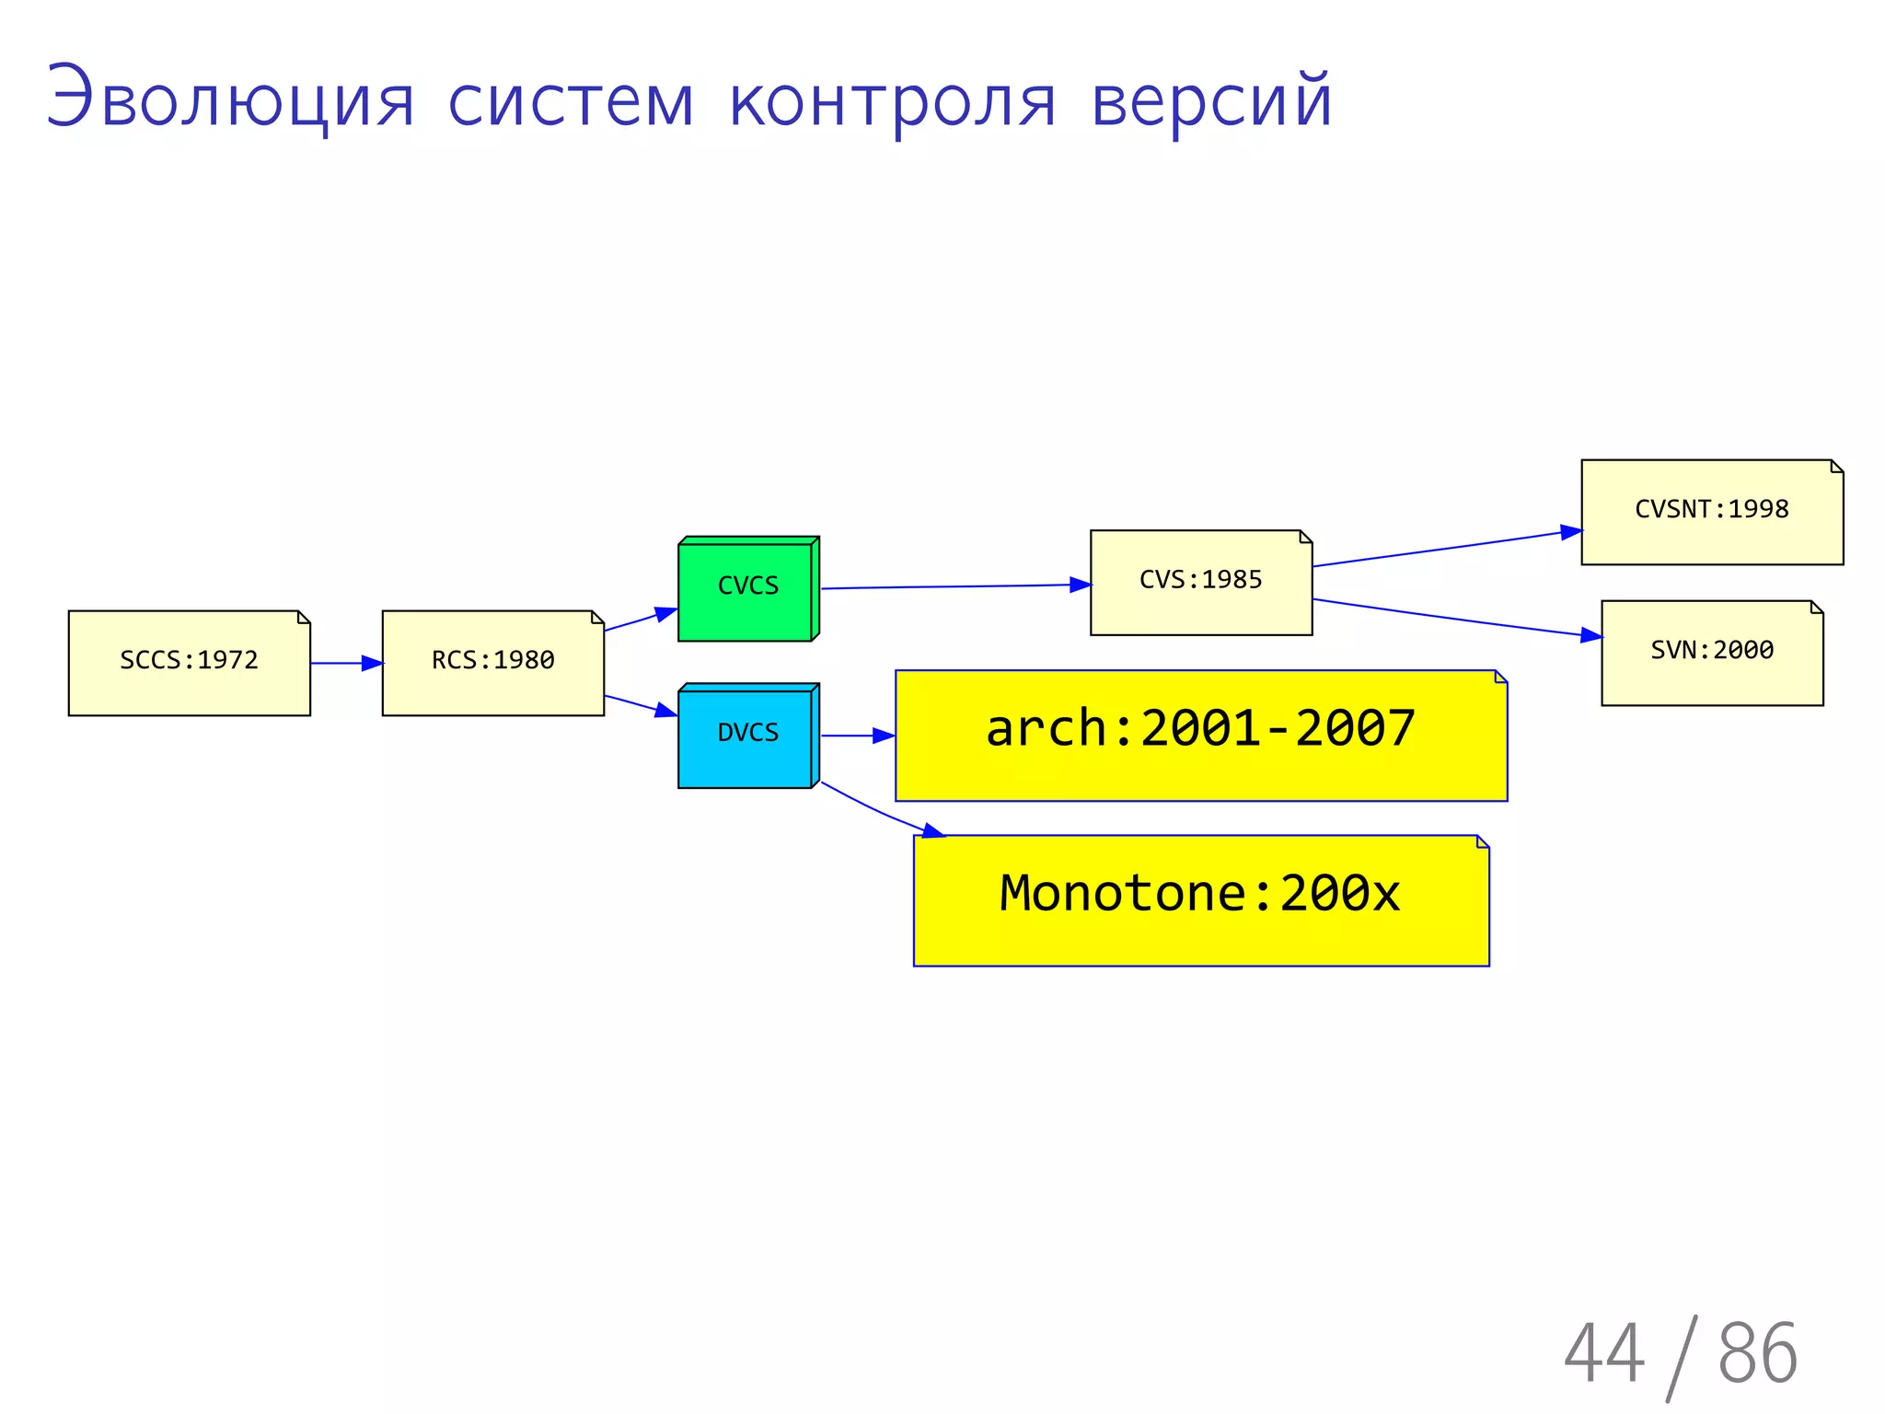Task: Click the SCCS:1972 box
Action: click(x=189, y=663)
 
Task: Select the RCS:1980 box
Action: click(x=492, y=663)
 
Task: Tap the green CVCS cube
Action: click(x=746, y=589)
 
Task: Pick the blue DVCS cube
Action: click(x=746, y=736)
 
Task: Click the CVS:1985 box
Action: click(x=1200, y=582)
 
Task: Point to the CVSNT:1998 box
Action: click(x=1711, y=512)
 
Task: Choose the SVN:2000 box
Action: click(x=1711, y=653)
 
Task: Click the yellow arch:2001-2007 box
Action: click(x=1200, y=735)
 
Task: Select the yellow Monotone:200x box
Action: click(x=1200, y=899)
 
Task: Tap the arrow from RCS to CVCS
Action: click(x=640, y=620)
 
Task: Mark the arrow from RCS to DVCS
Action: click(x=640, y=705)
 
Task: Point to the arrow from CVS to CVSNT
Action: click(x=1445, y=549)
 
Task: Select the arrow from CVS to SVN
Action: click(x=1454, y=618)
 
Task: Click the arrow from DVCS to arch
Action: click(x=856, y=736)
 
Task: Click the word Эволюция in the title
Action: click(x=230, y=99)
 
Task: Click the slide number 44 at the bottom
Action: click(x=1603, y=1352)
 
